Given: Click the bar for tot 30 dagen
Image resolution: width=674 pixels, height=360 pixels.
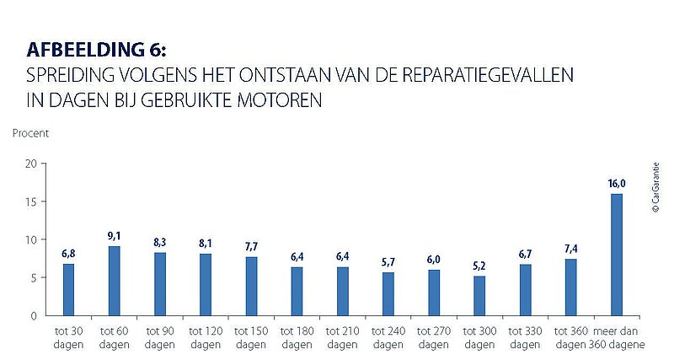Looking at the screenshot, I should coord(69,289).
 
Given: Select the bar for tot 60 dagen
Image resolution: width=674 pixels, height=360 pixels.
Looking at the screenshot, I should coord(115,281).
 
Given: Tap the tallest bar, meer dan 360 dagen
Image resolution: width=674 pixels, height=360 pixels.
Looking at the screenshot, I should coord(616,255).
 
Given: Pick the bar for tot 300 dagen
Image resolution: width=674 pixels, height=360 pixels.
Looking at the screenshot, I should coord(479,295).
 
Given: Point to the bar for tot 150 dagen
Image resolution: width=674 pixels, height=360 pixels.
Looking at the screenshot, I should coord(251,286).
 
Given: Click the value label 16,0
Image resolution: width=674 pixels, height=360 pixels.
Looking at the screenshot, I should coord(616,183).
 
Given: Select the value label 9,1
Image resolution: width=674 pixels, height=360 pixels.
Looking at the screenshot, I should coord(115,236).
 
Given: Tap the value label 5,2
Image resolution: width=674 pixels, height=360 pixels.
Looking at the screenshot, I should coord(479,266).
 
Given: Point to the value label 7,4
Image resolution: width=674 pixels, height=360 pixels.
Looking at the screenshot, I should coord(570,249).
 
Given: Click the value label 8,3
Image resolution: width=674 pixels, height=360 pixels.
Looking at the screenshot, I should coord(160,242).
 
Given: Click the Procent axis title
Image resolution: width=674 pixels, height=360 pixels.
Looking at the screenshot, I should coord(30,133).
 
